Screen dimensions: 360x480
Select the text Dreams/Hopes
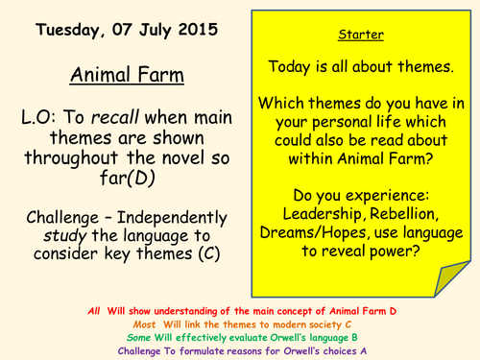(311, 232)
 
